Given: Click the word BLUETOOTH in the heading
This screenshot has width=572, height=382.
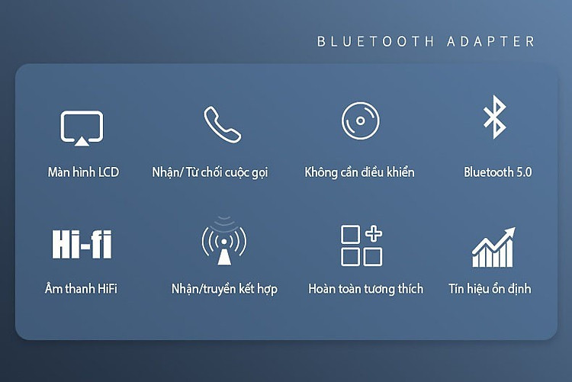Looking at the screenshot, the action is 376,42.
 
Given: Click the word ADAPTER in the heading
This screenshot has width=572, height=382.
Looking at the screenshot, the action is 491,42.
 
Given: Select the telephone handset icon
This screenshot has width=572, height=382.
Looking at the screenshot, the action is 222,124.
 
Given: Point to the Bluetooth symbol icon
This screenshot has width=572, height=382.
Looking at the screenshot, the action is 495,117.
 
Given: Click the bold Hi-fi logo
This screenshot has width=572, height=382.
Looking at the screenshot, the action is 82,244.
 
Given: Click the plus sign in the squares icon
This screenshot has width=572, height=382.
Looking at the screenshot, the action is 374,233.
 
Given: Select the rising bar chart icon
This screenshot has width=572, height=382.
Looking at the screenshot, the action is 493,247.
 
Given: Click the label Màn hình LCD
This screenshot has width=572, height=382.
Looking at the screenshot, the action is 84,172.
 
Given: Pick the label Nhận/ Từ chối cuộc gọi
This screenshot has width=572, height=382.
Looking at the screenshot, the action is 210,172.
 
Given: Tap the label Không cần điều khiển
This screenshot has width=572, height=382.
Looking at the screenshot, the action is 359,172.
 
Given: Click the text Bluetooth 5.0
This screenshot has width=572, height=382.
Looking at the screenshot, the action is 497,172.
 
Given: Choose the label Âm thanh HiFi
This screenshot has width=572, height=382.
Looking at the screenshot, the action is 81,289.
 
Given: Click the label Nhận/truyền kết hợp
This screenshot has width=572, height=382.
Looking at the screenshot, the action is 224,289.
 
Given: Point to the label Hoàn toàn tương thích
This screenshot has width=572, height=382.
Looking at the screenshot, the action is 366,289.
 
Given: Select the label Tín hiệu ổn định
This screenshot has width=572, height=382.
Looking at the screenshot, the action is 490,289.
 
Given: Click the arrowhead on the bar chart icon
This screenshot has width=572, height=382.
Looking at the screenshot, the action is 510,233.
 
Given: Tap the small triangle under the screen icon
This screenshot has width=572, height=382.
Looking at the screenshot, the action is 82,142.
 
